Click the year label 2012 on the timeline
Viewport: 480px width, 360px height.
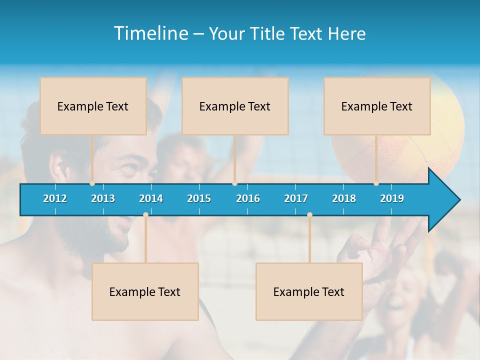click(55, 198)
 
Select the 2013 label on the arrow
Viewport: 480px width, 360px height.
click(103, 198)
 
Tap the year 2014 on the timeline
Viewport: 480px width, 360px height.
click(151, 198)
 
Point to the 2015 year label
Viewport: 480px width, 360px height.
click(199, 198)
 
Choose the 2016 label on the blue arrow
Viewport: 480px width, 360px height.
click(248, 198)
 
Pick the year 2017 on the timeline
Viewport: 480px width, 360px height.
click(296, 198)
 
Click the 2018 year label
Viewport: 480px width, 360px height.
click(344, 198)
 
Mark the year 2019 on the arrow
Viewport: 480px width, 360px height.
click(392, 198)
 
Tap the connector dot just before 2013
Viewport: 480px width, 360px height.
click(92, 183)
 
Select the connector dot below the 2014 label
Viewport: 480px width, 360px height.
click(145, 214)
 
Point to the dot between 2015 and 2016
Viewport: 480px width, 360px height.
click(234, 183)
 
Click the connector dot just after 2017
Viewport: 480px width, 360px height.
click(309, 214)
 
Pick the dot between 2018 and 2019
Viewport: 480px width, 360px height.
click(376, 183)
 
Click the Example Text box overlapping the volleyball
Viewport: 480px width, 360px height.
click(377, 106)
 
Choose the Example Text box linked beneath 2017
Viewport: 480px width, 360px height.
click(309, 291)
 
